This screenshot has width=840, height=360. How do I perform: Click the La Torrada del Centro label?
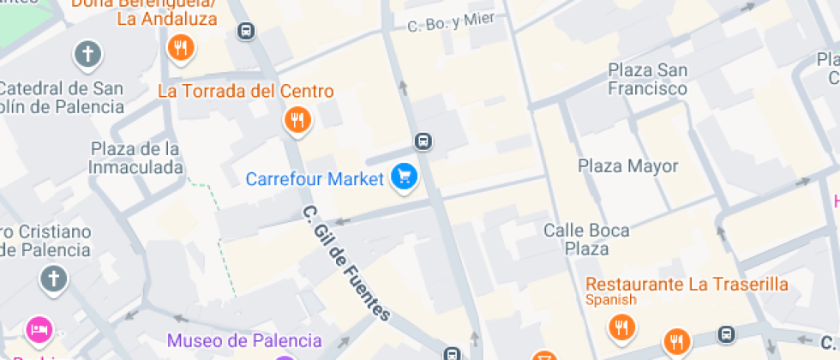[x=246, y=91]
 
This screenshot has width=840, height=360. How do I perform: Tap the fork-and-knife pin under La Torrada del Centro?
[x=297, y=120]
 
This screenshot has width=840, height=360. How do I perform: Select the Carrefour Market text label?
[x=315, y=179]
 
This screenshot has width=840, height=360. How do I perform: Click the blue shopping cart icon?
[x=404, y=177]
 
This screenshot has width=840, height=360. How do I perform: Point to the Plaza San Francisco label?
[x=647, y=79]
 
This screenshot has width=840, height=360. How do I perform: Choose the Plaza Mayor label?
[x=627, y=165]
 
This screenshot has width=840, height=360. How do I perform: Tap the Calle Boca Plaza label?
[x=586, y=239]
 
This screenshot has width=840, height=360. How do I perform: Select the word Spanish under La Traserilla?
[x=611, y=300]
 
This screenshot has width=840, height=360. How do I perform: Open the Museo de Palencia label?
[x=244, y=340]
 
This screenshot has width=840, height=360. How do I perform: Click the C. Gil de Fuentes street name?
[x=346, y=263]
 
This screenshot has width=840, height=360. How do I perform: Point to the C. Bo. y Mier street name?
[x=451, y=21]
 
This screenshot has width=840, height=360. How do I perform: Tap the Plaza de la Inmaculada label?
[x=135, y=158]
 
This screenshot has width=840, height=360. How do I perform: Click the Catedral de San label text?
[x=62, y=87]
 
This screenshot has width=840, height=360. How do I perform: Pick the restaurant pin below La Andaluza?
[x=181, y=48]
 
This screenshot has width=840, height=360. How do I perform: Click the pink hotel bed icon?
[x=39, y=328]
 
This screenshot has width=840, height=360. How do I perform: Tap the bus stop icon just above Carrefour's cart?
[x=423, y=141]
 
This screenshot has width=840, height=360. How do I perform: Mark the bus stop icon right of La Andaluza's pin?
[x=246, y=31]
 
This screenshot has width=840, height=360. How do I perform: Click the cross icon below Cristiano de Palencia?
[x=53, y=279]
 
